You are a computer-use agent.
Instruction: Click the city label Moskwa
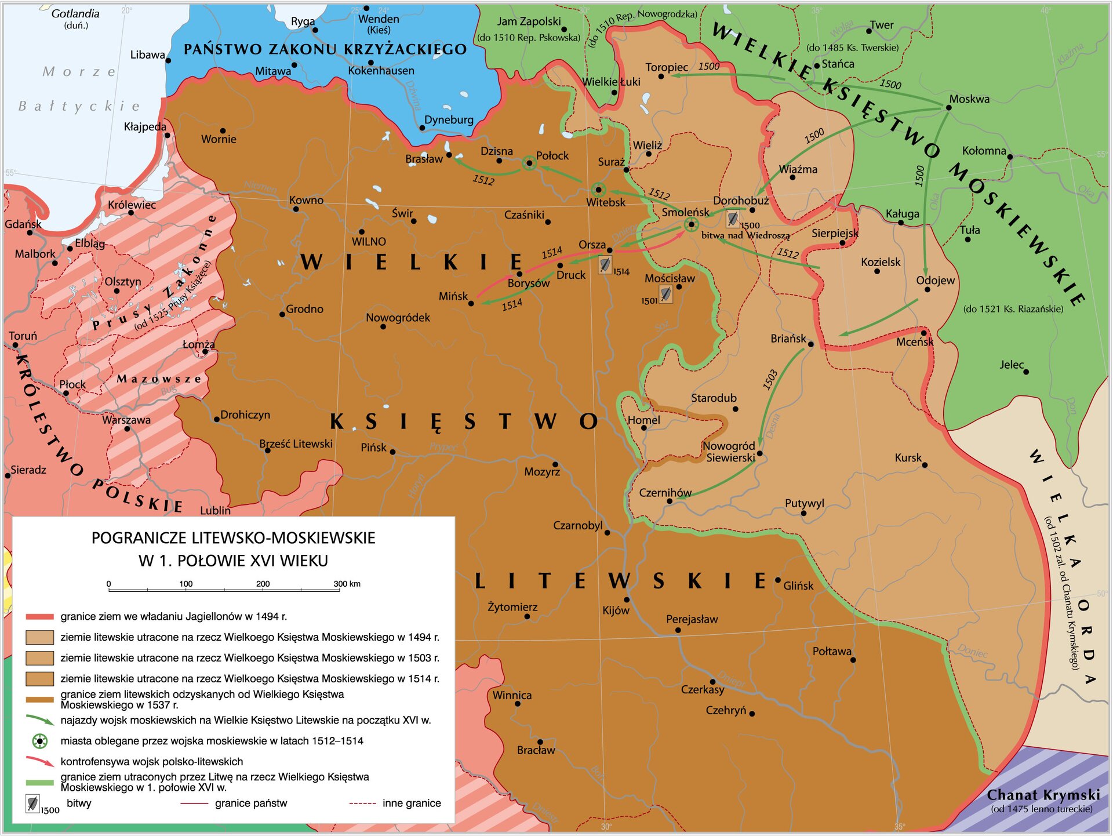point(969,99)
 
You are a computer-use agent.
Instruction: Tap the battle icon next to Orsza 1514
point(605,265)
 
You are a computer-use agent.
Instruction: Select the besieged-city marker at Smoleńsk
point(690,224)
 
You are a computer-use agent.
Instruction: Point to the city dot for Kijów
point(627,599)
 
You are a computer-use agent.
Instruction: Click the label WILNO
point(369,242)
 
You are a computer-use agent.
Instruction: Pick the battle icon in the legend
point(33,804)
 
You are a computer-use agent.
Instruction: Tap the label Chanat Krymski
point(1043,795)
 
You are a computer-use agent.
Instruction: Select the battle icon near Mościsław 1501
point(665,295)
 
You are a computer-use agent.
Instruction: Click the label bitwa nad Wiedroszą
point(745,235)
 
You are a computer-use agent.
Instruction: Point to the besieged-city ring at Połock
point(529,163)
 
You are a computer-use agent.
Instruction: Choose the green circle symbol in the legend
point(39,741)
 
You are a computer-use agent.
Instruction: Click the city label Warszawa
point(126,420)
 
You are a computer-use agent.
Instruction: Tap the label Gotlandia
point(75,13)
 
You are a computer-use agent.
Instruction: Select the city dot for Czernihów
point(670,501)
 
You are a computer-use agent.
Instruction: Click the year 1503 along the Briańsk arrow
point(770,379)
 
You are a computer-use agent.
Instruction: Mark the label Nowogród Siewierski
point(729,452)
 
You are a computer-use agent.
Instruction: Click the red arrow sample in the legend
point(40,761)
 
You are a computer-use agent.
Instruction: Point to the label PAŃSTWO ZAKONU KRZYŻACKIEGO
point(325,49)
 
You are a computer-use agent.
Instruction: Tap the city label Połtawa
point(832,652)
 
